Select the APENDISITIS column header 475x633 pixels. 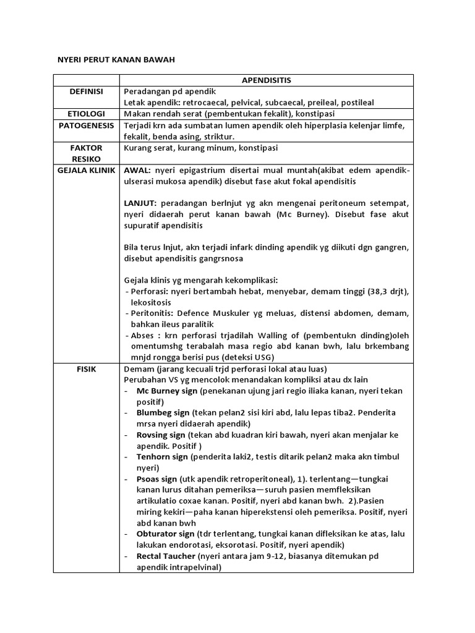pos(266,80)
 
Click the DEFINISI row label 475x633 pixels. pos(87,91)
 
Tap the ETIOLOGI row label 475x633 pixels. pos(87,114)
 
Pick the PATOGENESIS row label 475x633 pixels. pos(87,125)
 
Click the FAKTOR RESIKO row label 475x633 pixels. pos(87,154)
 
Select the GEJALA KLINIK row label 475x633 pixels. pos(87,170)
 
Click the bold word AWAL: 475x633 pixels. pos(138,170)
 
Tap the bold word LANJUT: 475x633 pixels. pos(141,203)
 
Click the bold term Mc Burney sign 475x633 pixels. pos(166,391)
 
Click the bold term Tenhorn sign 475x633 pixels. pos(162,457)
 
